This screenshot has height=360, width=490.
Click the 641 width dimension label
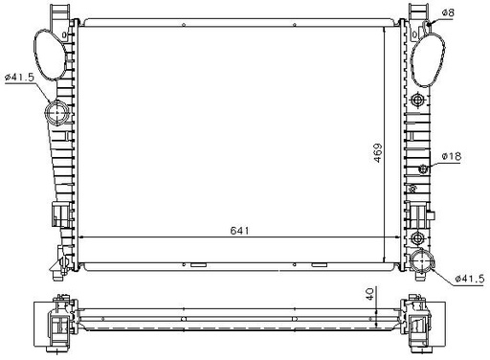coord(239,231)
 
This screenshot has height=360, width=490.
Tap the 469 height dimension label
coord(378,153)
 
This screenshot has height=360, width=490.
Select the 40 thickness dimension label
coord(369,294)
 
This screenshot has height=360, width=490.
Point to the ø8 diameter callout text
coord(448,12)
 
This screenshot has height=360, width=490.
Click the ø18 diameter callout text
coord(452,156)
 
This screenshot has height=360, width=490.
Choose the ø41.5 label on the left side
coord(19,78)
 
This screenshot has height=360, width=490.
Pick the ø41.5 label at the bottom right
coord(470,279)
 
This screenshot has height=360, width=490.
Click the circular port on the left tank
coord(57,113)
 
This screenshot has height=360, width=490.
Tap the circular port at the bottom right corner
coord(422,261)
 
